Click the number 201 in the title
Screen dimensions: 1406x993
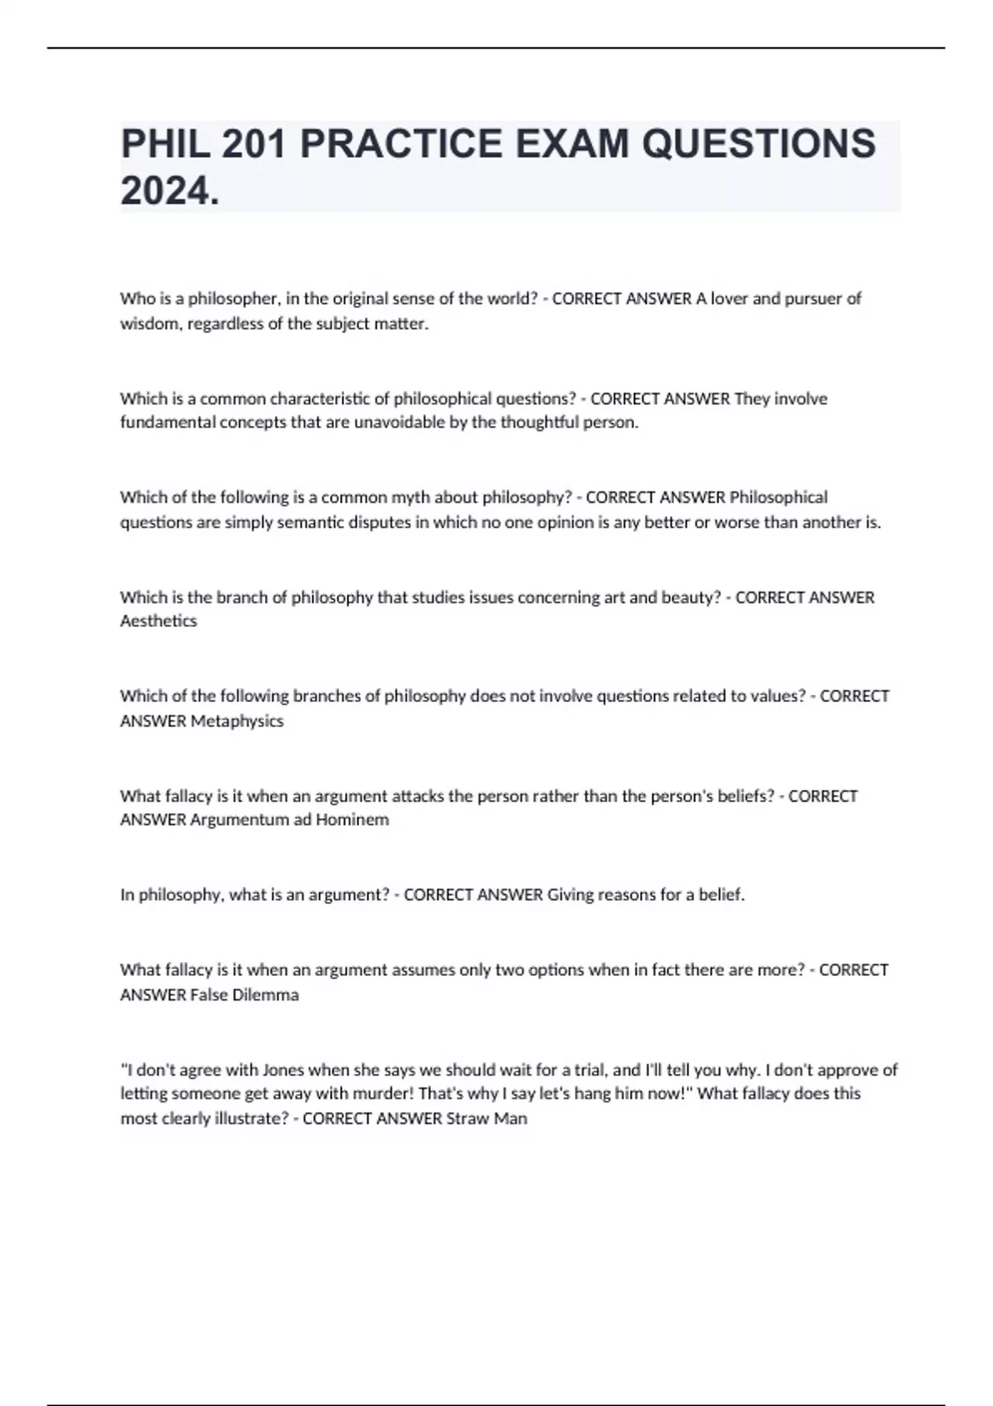253,144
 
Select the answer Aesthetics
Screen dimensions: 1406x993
159,621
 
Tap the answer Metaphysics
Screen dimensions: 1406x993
237,721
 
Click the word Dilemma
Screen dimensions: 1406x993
265,995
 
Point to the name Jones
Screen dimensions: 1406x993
283,1069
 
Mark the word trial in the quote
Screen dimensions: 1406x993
588,1069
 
